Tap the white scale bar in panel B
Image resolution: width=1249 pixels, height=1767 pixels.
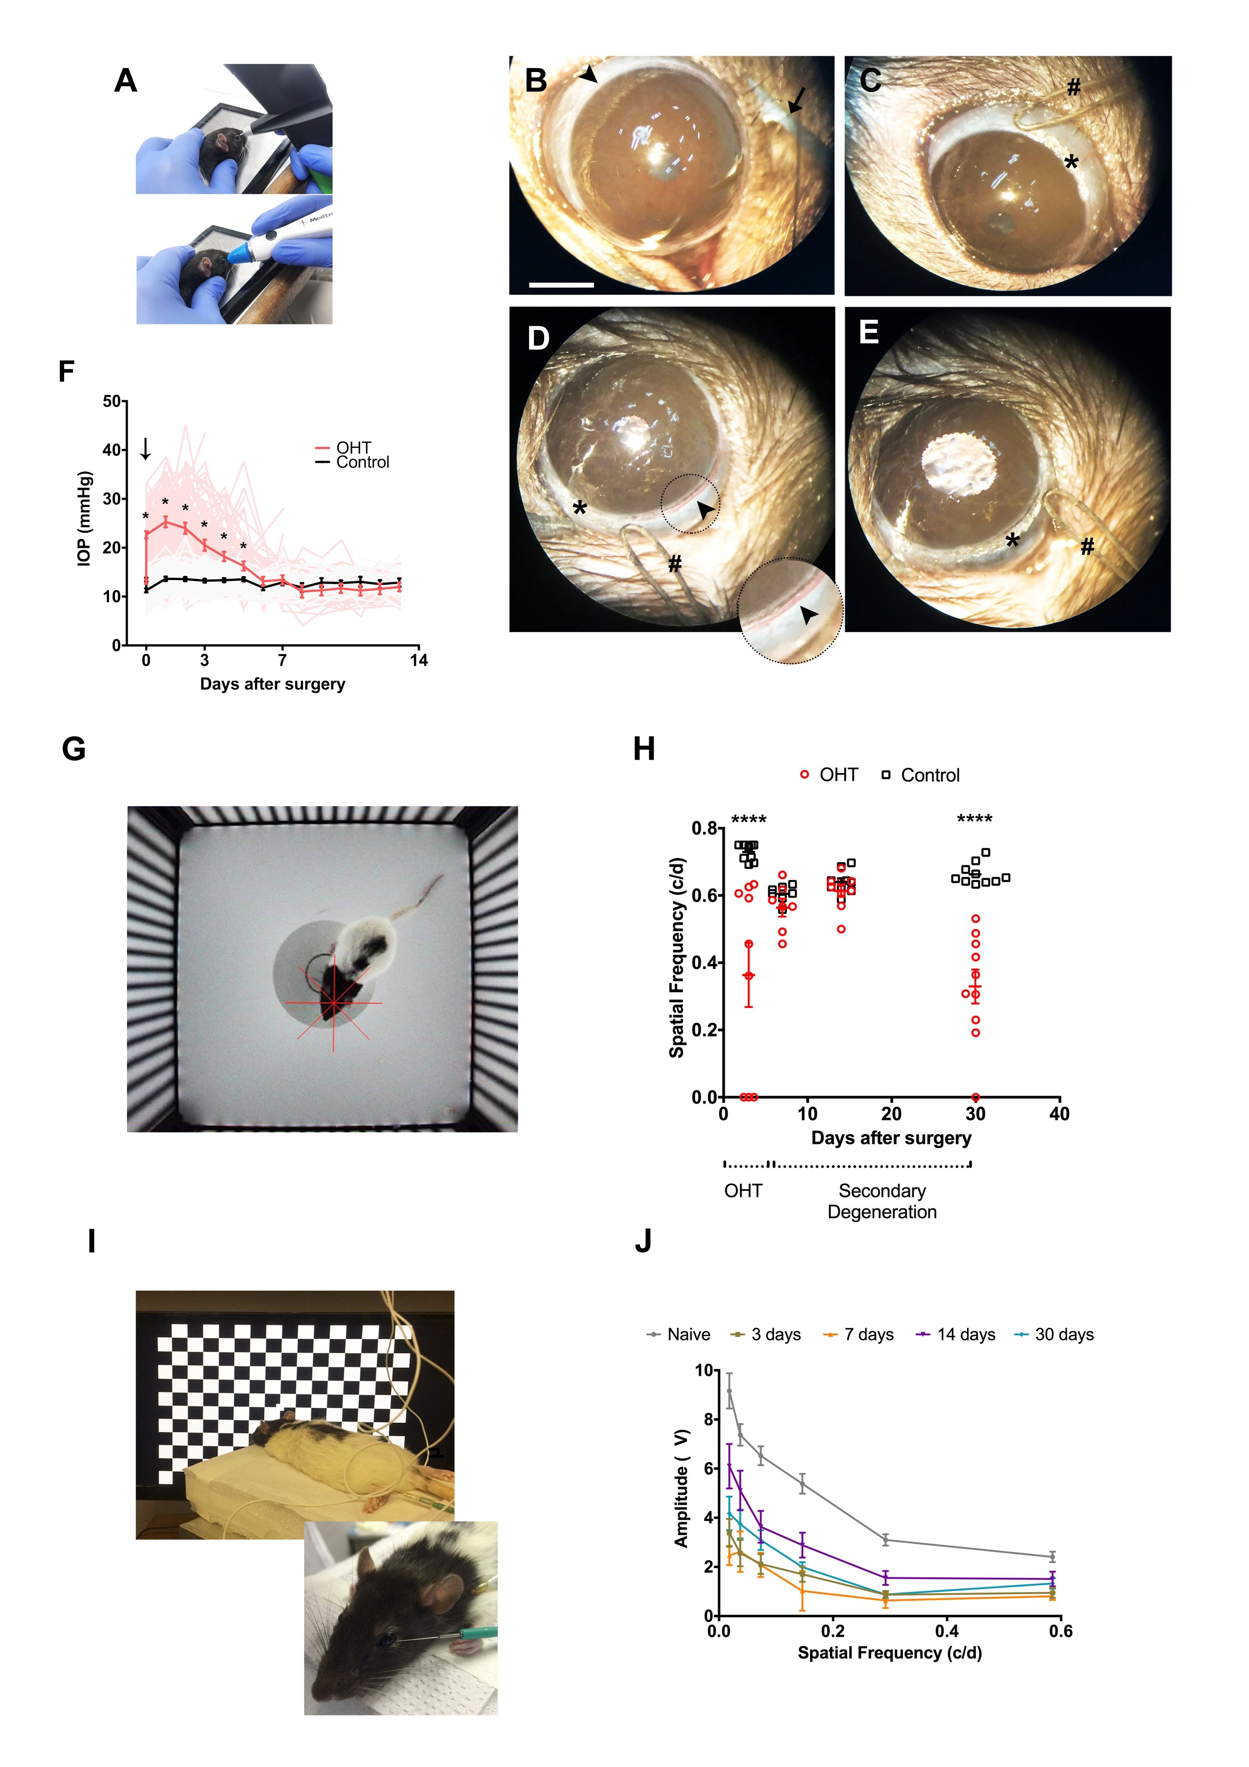point(561,285)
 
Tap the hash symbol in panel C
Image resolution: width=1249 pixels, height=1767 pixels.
point(1074,88)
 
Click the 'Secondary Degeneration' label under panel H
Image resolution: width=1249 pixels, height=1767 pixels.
point(882,1201)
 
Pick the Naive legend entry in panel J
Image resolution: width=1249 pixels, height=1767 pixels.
point(679,1335)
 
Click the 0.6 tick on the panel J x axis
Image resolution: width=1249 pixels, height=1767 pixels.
point(1060,1631)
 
